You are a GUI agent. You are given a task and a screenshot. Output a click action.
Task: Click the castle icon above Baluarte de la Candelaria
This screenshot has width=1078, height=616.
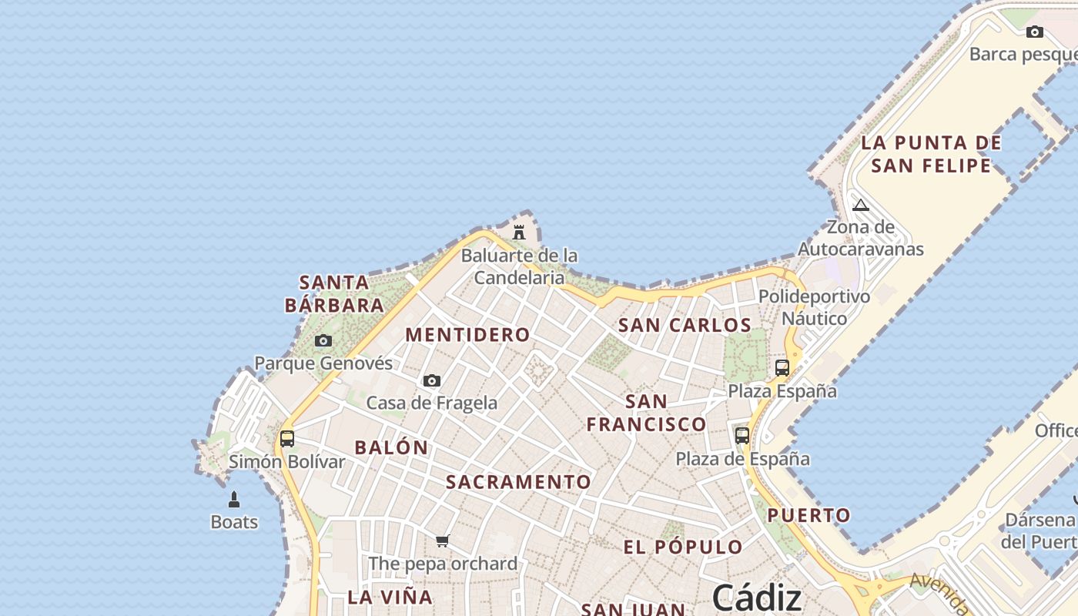(519, 232)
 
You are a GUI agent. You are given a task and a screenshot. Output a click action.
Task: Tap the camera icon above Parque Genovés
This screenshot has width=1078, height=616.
(323, 340)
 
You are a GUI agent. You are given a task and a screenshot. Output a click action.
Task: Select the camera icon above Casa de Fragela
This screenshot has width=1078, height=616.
(432, 380)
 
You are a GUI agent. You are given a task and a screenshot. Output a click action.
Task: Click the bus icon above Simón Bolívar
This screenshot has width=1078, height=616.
(287, 439)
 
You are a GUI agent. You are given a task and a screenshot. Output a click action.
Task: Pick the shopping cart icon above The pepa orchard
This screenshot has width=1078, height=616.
(443, 541)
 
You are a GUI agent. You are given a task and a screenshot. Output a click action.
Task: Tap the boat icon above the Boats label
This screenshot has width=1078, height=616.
(234, 500)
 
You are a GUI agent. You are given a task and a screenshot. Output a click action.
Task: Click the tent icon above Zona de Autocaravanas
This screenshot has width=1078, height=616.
(861, 205)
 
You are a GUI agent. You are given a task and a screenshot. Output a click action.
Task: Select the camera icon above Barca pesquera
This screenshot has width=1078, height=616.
(1035, 32)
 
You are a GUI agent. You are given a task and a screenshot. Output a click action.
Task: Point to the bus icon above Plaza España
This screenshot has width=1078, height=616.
(782, 368)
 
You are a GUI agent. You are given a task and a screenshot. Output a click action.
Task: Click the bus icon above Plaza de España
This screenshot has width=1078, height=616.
(742, 436)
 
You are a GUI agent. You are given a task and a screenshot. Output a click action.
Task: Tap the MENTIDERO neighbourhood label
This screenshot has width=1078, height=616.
(467, 335)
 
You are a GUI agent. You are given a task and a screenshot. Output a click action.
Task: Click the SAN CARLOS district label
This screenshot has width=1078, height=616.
(685, 325)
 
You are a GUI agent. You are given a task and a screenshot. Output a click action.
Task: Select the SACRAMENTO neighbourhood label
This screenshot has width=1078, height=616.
(519, 482)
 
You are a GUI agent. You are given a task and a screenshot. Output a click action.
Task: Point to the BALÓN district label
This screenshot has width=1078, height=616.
(391, 447)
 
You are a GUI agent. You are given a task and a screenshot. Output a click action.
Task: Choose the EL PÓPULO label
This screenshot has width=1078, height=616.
(683, 547)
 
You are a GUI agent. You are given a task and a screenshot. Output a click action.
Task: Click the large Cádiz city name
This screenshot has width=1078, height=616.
(757, 597)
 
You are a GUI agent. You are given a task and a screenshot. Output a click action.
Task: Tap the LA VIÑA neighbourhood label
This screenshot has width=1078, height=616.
(390, 597)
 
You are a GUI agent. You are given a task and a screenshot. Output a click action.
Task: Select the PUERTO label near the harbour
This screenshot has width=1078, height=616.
(809, 515)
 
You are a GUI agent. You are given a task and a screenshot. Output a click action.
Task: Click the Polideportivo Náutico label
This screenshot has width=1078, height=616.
(815, 307)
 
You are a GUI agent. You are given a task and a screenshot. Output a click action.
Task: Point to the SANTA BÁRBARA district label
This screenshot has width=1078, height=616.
(334, 293)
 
